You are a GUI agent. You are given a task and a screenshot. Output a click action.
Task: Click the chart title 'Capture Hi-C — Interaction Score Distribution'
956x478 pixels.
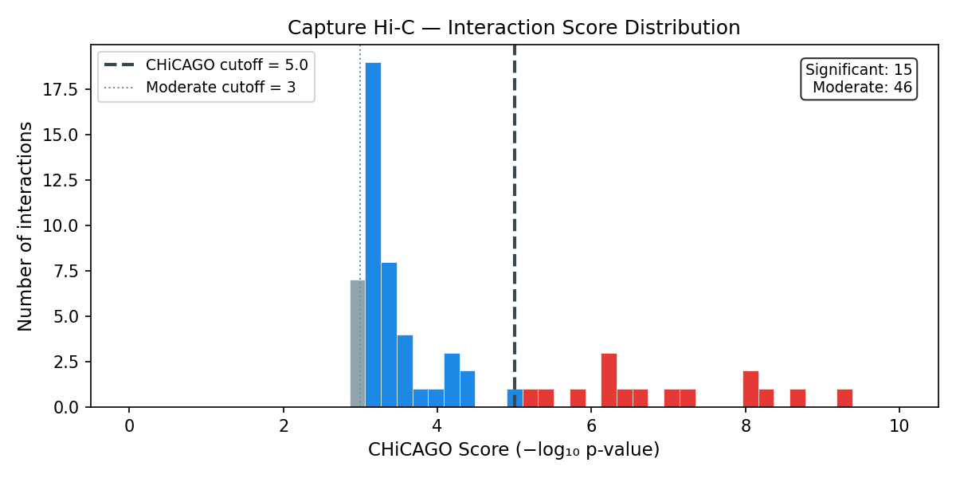click(514, 28)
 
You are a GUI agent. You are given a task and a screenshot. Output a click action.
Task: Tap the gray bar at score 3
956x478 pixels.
click(358, 343)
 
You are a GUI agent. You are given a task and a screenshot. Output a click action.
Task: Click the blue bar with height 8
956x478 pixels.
click(389, 335)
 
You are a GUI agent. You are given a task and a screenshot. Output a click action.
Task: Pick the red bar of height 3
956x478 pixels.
click(609, 380)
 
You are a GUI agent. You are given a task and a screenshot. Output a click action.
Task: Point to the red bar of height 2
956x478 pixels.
click(750, 389)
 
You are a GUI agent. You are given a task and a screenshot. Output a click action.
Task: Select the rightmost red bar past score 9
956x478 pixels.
click(844, 398)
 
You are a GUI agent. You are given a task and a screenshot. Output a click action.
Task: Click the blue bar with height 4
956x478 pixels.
click(405, 370)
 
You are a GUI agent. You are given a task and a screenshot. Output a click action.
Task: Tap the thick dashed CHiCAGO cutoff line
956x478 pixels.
click(515, 199)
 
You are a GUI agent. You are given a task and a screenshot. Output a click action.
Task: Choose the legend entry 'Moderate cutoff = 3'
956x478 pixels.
click(220, 87)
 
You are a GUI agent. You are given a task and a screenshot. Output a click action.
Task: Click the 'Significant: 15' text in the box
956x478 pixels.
click(859, 70)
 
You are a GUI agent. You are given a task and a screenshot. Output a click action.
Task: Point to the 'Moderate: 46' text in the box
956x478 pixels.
click(862, 88)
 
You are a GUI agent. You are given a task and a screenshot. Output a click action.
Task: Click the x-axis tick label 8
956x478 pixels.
click(746, 426)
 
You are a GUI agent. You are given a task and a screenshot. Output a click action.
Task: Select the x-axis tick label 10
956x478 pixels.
click(899, 426)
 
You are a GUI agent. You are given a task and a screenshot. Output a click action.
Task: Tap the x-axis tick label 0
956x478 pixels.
click(129, 426)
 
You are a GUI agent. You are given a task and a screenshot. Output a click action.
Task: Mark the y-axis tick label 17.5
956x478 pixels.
click(61, 89)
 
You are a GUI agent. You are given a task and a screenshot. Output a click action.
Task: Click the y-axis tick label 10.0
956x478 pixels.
click(61, 225)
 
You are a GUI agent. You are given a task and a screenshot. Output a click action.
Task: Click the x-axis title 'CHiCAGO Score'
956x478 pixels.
click(514, 450)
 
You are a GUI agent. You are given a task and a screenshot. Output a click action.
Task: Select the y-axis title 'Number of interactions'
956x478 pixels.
click(26, 225)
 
